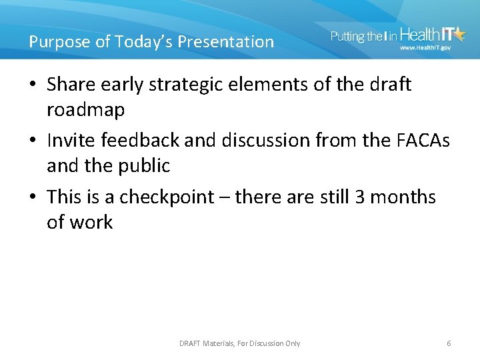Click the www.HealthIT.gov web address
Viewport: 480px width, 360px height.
pyautogui.click(x=425, y=48)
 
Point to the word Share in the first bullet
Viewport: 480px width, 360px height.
pyautogui.click(x=71, y=85)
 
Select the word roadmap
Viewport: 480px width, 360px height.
pyautogui.click(x=85, y=110)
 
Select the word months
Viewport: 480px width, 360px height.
pyautogui.click(x=403, y=197)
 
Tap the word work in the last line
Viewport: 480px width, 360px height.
pyautogui.click(x=91, y=223)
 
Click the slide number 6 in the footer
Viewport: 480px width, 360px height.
pyautogui.click(x=449, y=343)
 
